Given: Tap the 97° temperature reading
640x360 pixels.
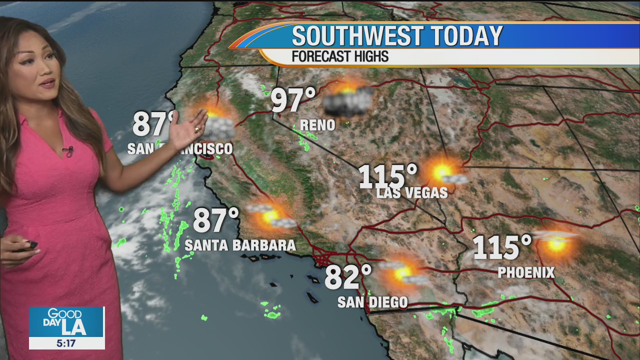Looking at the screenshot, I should click(293, 100).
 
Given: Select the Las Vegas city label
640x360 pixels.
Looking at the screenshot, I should click(411, 192).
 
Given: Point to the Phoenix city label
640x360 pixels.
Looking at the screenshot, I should click(526, 272).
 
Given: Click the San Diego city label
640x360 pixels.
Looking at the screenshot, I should click(372, 302).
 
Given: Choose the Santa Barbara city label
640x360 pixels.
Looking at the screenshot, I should click(240, 245).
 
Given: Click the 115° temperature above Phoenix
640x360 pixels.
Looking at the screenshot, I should click(502, 247).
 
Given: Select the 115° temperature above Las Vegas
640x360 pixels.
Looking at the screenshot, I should click(388, 176).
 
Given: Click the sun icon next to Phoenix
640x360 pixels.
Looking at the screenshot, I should click(556, 243).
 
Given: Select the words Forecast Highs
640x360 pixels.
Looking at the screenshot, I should click(340, 56).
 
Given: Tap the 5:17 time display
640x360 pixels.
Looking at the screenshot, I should click(66, 343).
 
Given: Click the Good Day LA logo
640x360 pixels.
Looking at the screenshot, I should click(66, 322).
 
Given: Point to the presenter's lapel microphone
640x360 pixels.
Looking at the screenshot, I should click(68, 149).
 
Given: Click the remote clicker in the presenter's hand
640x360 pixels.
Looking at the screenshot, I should click(28, 245).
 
